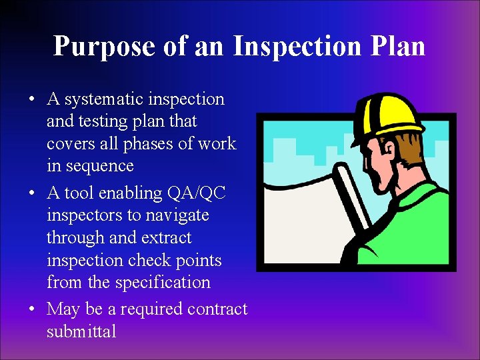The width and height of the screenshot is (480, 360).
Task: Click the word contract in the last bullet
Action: [x=217, y=309]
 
